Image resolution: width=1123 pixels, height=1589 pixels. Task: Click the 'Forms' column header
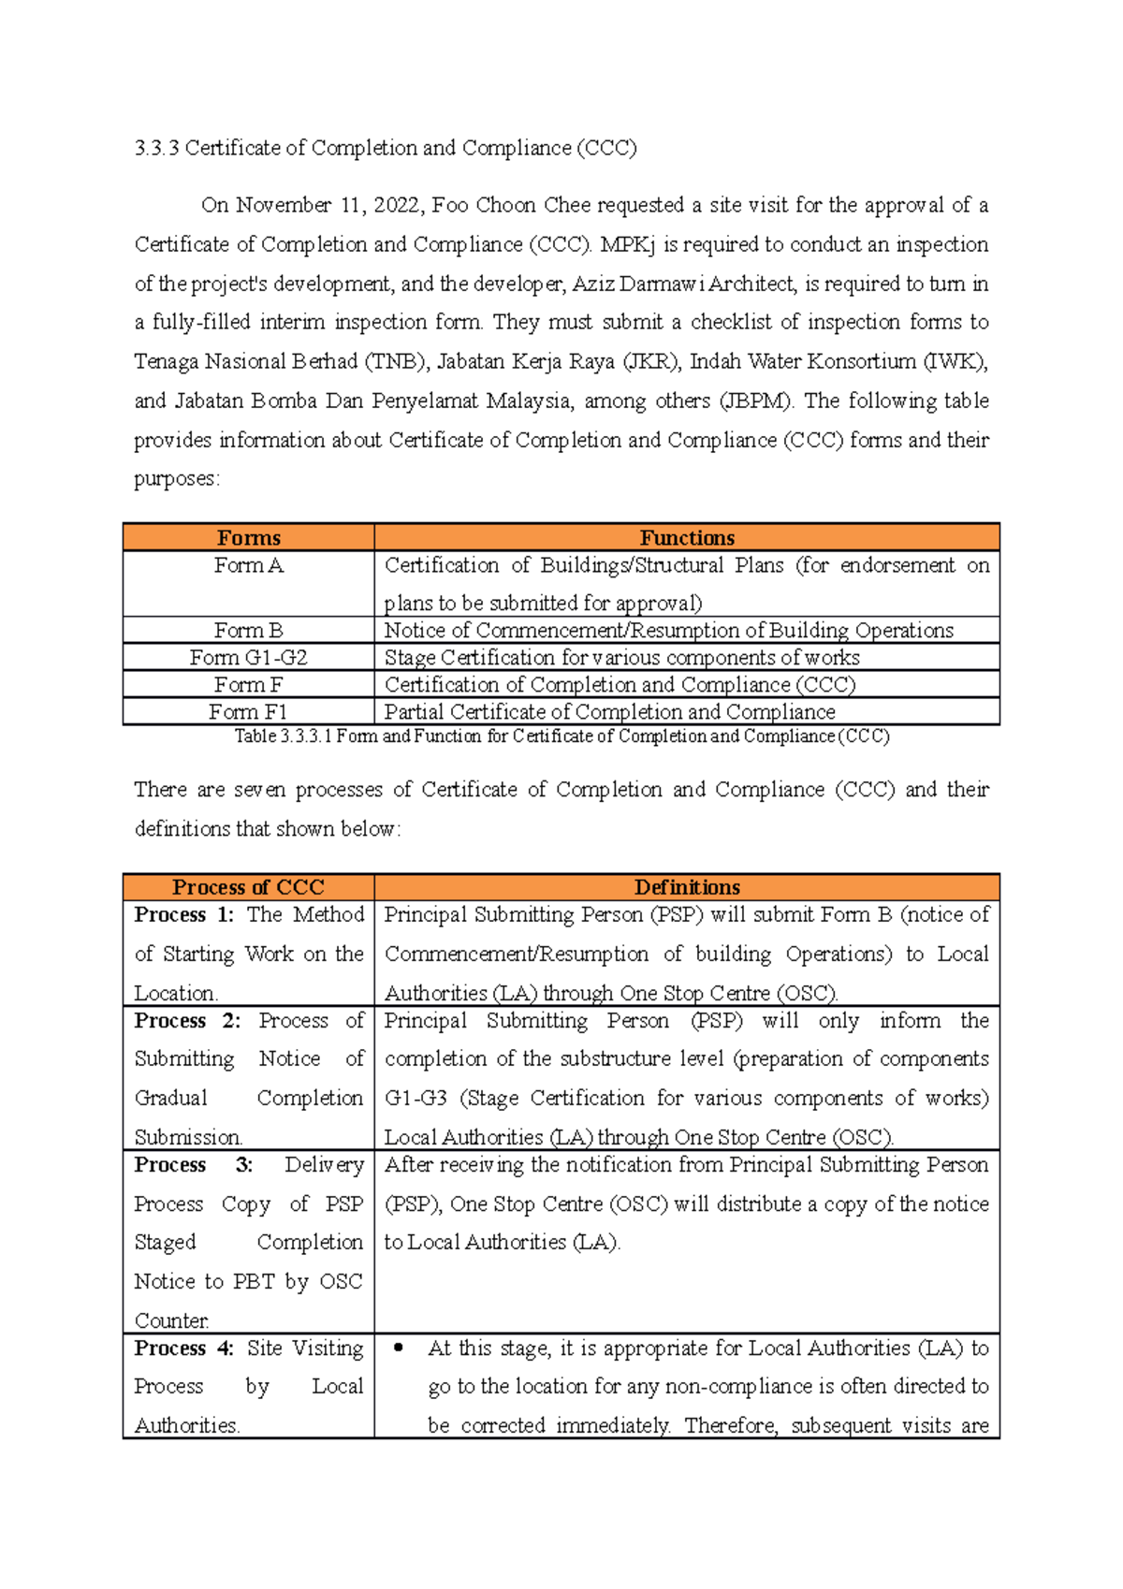248,538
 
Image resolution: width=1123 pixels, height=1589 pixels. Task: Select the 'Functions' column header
687,538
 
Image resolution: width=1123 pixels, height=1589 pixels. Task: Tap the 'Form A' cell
248,565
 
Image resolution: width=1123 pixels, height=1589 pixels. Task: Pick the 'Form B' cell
248,630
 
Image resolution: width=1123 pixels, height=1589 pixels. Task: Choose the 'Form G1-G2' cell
248,657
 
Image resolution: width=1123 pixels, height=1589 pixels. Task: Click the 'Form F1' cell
248,711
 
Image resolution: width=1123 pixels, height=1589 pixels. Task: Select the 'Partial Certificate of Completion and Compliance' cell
609,711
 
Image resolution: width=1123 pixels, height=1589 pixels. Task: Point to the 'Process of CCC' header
248,887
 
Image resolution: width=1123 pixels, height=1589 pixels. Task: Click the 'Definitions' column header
687,887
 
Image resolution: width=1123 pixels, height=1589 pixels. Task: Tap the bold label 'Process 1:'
183,914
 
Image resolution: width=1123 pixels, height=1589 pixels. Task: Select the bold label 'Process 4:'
183,1348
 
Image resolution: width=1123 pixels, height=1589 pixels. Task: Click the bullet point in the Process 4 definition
400,1348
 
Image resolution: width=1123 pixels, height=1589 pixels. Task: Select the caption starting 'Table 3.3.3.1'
561,736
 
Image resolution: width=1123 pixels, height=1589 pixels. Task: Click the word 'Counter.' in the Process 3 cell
171,1320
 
